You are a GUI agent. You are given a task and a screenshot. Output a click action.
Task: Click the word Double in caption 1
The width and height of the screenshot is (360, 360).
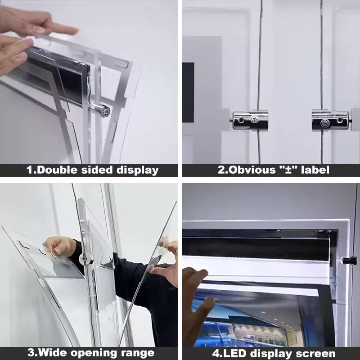(59, 170)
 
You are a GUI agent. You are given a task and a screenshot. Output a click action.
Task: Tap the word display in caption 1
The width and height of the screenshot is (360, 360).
(137, 170)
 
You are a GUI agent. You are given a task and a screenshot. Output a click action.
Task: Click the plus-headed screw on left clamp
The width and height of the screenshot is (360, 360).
(255, 119)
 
